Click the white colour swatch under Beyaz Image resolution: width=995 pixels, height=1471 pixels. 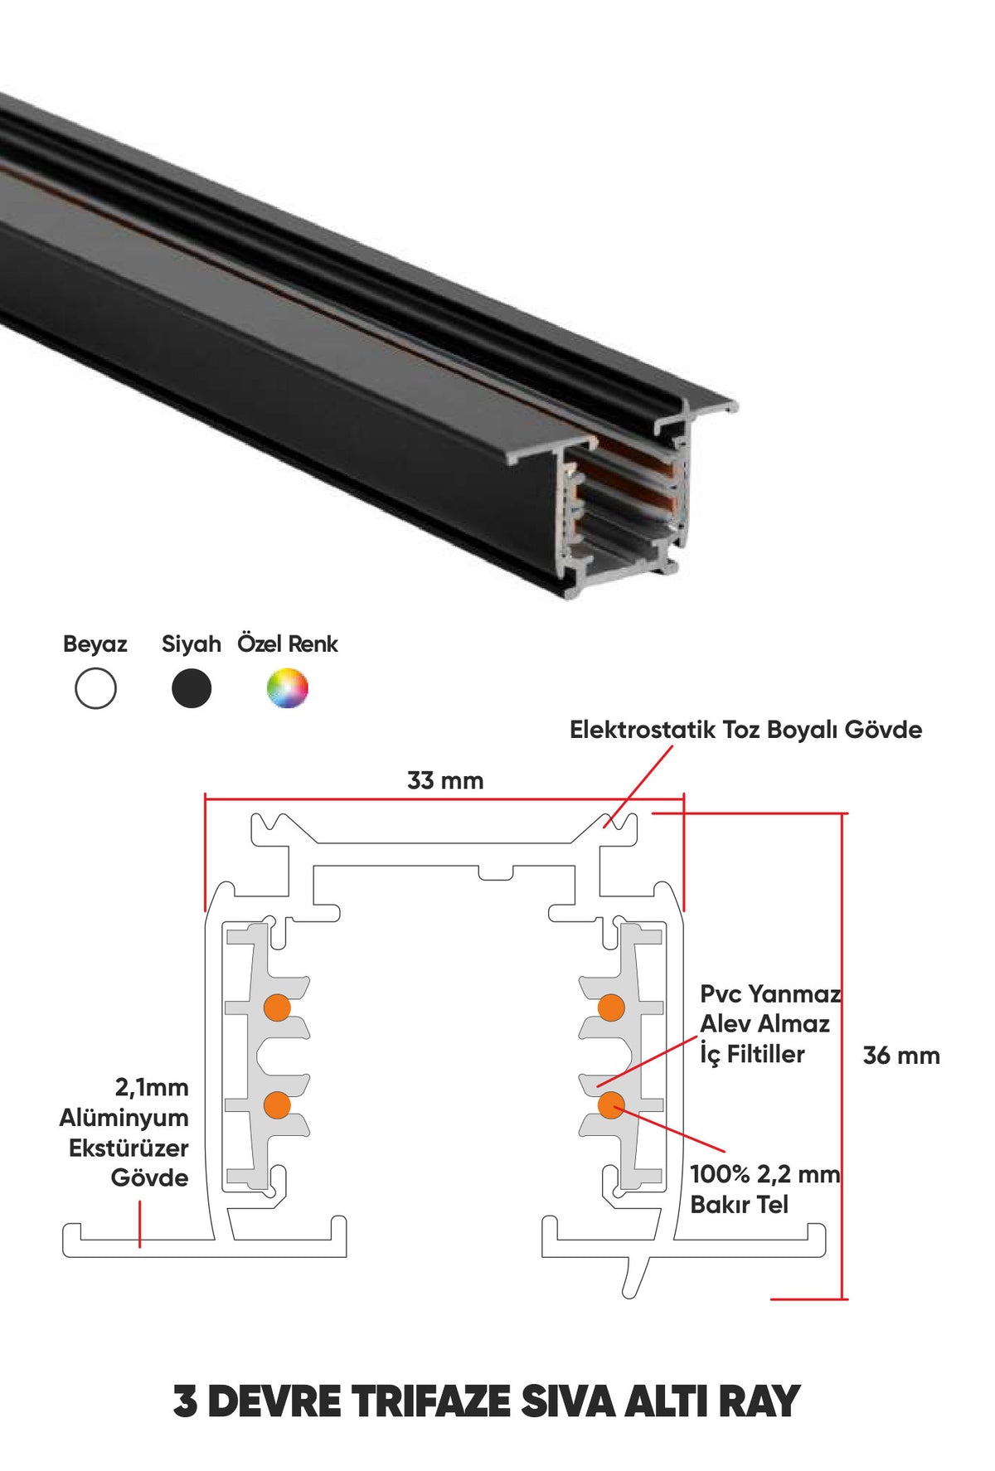tap(95, 688)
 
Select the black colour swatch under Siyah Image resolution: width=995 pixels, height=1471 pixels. tap(192, 688)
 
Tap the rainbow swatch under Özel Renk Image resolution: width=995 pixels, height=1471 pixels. tap(287, 688)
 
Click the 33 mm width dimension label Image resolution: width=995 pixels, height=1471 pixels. tap(445, 780)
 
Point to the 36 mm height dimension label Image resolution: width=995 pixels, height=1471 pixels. tap(901, 1056)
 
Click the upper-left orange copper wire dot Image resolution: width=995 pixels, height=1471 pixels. tap(277, 1007)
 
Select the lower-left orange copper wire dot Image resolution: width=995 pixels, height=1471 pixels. tap(277, 1104)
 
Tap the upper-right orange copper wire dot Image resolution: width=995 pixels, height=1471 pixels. tap(611, 1007)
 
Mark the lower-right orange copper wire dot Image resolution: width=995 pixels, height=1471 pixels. tap(611, 1104)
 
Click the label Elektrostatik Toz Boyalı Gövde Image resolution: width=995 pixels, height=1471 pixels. tap(745, 730)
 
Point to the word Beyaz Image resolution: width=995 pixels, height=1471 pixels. tap(95, 644)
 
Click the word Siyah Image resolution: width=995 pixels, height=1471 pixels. tap(192, 644)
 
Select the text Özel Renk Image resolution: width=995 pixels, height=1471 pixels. tap(288, 643)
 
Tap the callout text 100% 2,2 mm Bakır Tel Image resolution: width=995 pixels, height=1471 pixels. tap(765, 1189)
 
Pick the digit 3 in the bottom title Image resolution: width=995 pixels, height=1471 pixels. tap(186, 1401)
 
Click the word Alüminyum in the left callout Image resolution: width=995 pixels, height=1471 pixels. tap(124, 1117)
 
